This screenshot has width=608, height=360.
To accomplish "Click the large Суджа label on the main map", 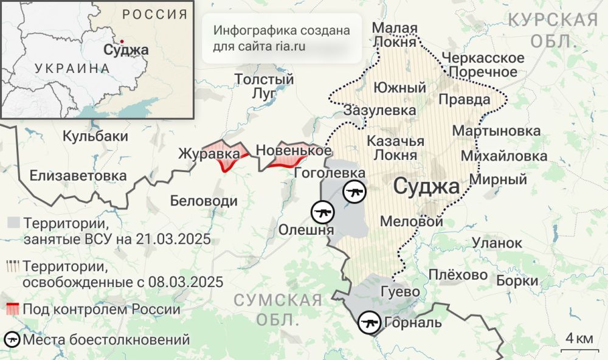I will pyautogui.click(x=426, y=186).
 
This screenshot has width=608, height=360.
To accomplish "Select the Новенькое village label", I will pyautogui.click(x=294, y=150).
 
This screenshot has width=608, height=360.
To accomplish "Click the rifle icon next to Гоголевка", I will pyautogui.click(x=354, y=192).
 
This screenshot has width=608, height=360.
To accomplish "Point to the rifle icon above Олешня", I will pyautogui.click(x=323, y=212).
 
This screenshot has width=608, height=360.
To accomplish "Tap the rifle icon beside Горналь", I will pyautogui.click(x=369, y=322).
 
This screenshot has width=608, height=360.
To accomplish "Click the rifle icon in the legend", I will pyautogui.click(x=12, y=339).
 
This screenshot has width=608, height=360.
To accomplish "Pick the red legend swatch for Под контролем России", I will pyautogui.click(x=12, y=309).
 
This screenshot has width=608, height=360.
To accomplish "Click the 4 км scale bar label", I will pyautogui.click(x=579, y=338).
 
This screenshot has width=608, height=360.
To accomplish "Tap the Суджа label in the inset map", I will pyautogui.click(x=126, y=50).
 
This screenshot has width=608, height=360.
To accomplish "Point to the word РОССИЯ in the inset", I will pyautogui.click(x=154, y=15).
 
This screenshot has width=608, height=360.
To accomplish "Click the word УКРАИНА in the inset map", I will pyautogui.click(x=72, y=67).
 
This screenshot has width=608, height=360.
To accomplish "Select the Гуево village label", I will pyautogui.click(x=399, y=291).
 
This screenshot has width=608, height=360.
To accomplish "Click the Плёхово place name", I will pyautogui.click(x=458, y=275).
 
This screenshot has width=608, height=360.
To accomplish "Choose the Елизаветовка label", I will pyautogui.click(x=78, y=176).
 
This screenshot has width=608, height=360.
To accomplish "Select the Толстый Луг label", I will pyautogui.click(x=264, y=86).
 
